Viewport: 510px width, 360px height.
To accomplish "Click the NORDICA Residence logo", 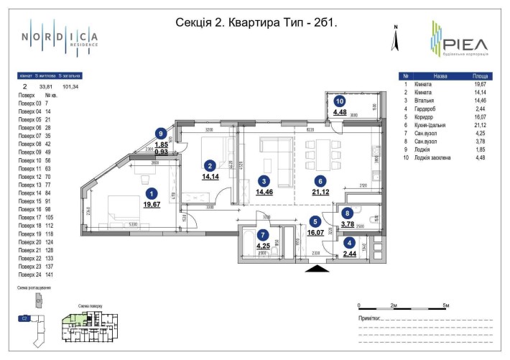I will click(x=60, y=36).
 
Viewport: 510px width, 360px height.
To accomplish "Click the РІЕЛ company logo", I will click(x=458, y=38).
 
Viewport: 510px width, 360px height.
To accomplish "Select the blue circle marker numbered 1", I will click(x=151, y=193).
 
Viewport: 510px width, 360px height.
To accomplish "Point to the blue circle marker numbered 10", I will click(x=339, y=101).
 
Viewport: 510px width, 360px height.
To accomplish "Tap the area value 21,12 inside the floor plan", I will click(x=320, y=191).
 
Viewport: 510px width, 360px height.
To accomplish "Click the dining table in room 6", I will click(x=320, y=151).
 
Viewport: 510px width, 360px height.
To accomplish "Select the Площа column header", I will click(x=481, y=75).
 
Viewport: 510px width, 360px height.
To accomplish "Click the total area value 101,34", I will click(x=71, y=86).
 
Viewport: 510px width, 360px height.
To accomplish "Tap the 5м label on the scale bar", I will click(x=446, y=305).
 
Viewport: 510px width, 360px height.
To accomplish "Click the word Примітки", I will click(x=369, y=317).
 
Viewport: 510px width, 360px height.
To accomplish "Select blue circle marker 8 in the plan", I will click(x=347, y=213).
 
